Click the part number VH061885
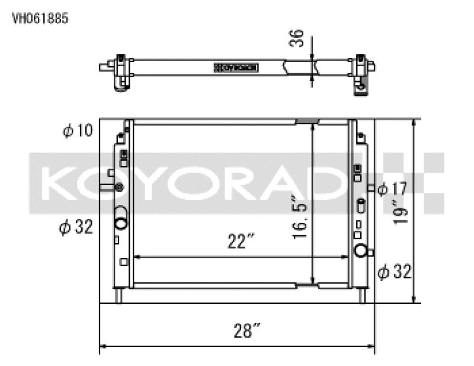pyautogui.click(x=40, y=18)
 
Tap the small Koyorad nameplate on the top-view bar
pyautogui.click(x=235, y=67)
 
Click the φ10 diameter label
pyautogui.click(x=78, y=129)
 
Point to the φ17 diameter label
pyautogui.click(x=392, y=189)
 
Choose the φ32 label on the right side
pyautogui.click(x=395, y=272)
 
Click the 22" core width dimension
pyautogui.click(x=241, y=241)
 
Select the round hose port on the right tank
pyautogui.click(x=360, y=250)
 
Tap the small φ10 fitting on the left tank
pyautogui.click(x=119, y=187)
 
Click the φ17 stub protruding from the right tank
pyautogui.click(x=370, y=189)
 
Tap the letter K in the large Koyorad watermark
pyautogui.click(x=59, y=183)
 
